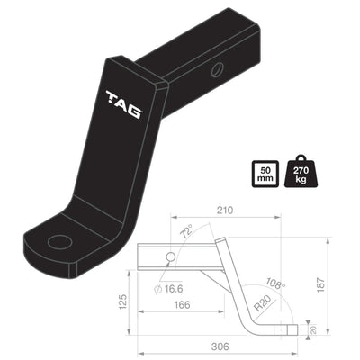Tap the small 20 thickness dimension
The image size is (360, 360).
point(313,328)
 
